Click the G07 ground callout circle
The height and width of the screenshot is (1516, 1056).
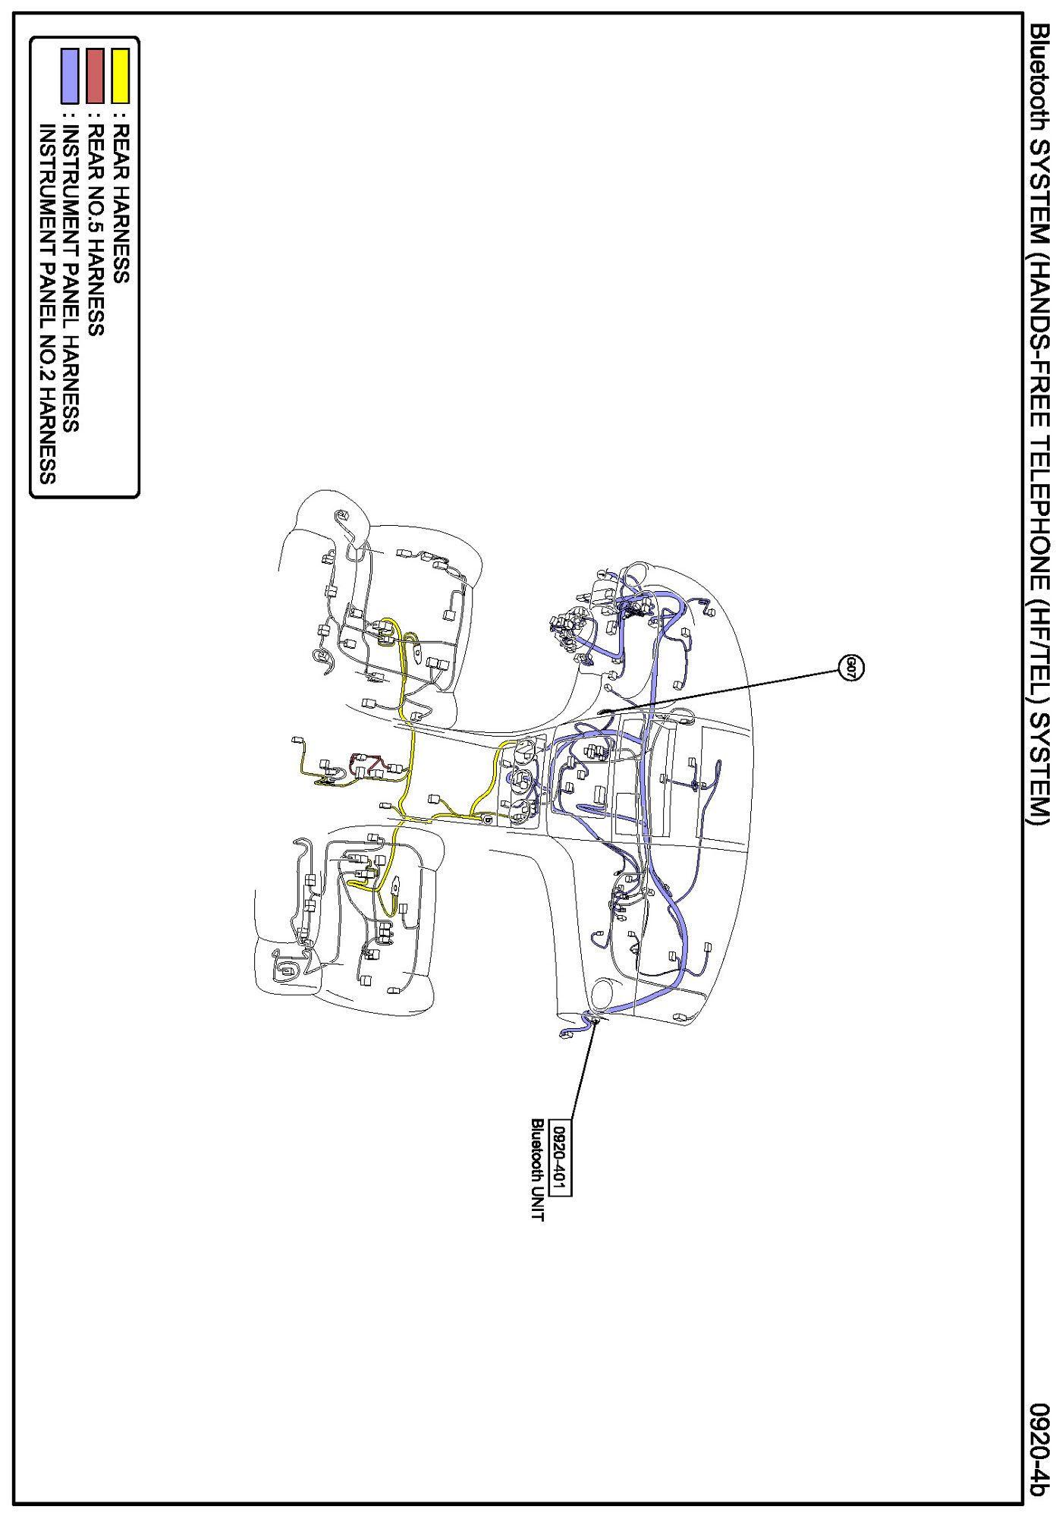click(851, 668)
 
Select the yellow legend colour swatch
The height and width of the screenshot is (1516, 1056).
click(121, 76)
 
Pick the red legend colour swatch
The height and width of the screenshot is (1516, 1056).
click(95, 76)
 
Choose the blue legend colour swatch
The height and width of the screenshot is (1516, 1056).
click(70, 76)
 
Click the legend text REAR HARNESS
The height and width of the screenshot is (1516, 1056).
click(121, 203)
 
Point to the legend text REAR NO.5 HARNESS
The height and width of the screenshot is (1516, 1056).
click(96, 229)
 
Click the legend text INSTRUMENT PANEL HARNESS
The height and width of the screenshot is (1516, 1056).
click(71, 278)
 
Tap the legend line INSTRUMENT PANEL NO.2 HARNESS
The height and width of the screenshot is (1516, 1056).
click(47, 304)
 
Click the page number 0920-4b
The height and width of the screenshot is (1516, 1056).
click(1039, 1450)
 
